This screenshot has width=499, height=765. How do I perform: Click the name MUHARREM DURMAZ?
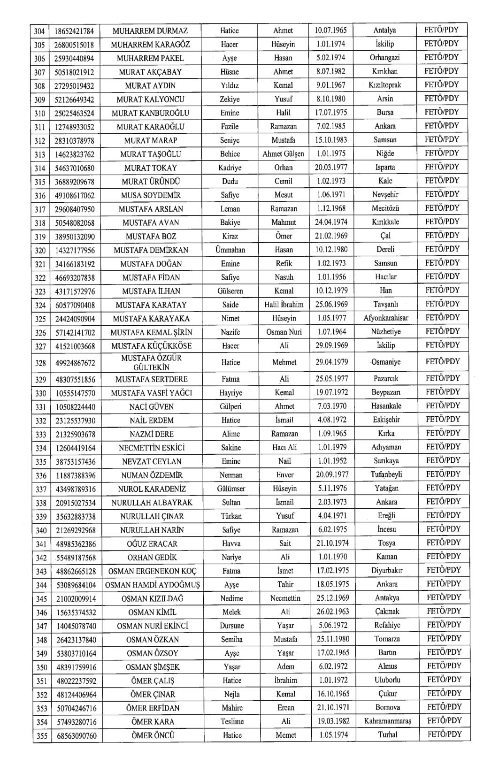point(150,31)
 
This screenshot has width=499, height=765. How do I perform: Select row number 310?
point(41,113)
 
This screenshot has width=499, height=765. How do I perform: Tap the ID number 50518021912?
point(74,72)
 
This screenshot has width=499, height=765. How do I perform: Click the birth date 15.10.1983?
point(331,140)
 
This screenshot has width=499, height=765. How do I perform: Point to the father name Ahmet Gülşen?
point(283,154)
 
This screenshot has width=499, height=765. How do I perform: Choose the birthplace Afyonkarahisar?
point(386,318)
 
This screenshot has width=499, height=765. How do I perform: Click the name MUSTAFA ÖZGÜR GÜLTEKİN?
point(151,362)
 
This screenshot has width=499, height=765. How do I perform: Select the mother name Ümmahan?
point(230,250)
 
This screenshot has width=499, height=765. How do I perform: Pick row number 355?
point(42,736)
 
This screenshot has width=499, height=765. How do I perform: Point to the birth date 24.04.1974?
point(331,222)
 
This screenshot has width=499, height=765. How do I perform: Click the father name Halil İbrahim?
point(284,305)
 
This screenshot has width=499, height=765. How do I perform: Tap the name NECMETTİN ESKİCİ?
point(152,448)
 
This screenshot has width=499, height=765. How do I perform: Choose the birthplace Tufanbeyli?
point(386,474)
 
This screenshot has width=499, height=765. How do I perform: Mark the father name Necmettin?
point(285,598)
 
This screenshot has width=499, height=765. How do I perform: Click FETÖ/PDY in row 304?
point(442,30)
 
